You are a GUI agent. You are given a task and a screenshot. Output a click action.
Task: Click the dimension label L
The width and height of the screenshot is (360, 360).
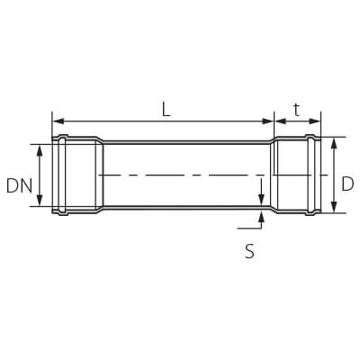coord(166,109)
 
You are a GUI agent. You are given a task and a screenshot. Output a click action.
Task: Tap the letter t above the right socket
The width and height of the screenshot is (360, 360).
coord(296,109)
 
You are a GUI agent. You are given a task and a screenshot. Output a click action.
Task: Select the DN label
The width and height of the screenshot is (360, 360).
coord(19,186)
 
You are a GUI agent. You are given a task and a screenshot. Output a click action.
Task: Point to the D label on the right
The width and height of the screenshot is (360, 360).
coord(347,184)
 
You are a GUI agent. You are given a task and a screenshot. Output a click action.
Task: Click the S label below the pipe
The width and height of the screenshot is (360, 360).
coord(249,252)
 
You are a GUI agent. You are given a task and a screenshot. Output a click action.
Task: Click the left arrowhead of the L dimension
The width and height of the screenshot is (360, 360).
coord(57,121)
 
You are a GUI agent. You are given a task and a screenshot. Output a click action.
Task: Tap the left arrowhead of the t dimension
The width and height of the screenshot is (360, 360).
coord(278,121)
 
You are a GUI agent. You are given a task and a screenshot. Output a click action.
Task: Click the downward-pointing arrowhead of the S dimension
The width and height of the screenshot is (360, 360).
coord(261,201)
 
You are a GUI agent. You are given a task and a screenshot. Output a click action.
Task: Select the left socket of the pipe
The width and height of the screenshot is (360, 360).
coord(76,175)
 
